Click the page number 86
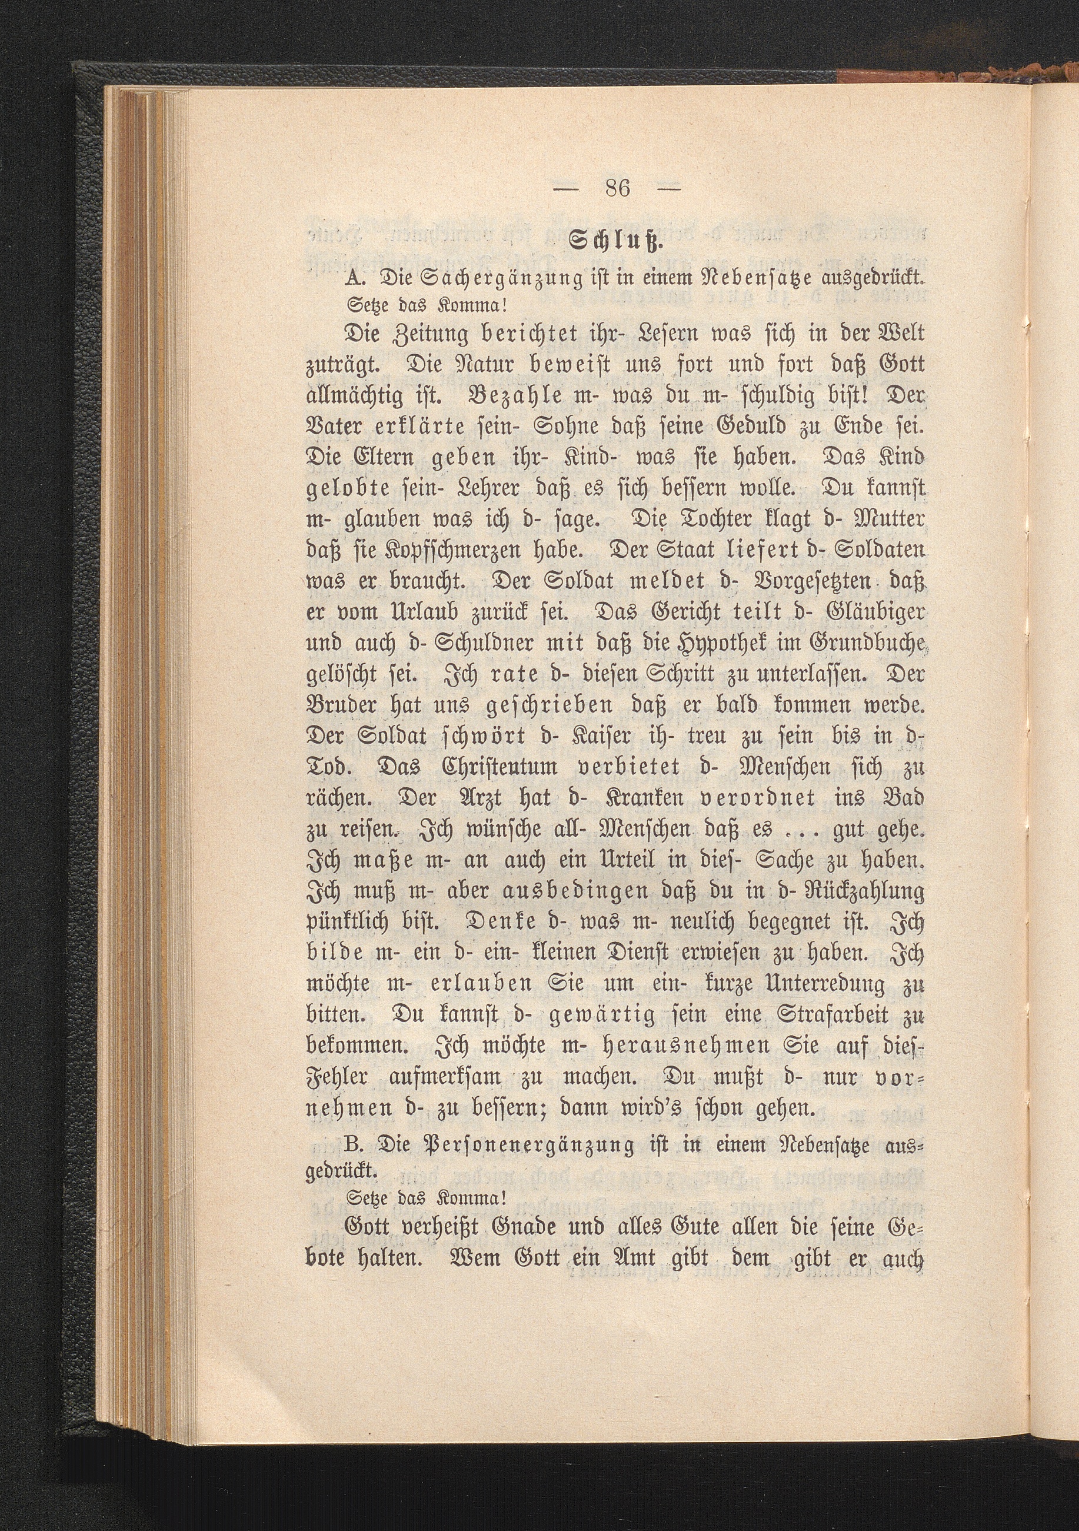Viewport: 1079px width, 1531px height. click(x=618, y=189)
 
